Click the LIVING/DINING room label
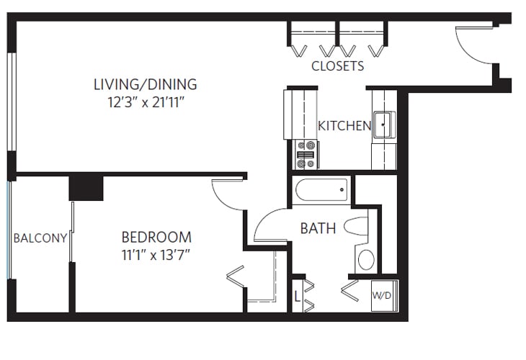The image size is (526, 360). [x=145, y=84]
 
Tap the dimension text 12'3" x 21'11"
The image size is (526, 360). [x=145, y=102]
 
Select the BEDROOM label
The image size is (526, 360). [x=156, y=237]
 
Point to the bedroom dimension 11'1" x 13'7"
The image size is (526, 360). [x=156, y=254]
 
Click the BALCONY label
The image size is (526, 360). [x=40, y=238]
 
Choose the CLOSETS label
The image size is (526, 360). [x=337, y=66]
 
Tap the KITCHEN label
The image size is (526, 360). [x=344, y=126]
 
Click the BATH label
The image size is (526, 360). [x=318, y=229]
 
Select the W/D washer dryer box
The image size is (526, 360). [x=382, y=296]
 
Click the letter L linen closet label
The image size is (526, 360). [x=297, y=296]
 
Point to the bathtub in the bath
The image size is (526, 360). [x=322, y=191]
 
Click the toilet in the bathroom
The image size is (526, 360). [x=356, y=227]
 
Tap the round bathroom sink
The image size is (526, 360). [x=366, y=259]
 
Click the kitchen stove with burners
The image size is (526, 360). [x=306, y=153]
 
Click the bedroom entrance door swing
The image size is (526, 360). [x=230, y=194]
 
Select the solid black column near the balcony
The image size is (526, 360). [x=86, y=187]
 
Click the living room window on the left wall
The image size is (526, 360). [x=11, y=101]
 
